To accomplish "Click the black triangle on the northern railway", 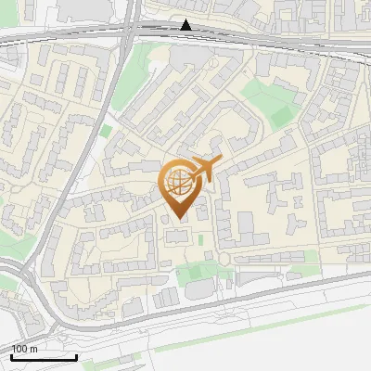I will coord(186,25).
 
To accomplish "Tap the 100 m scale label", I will coord(25,349).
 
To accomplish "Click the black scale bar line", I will coord(44,357).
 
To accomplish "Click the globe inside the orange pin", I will coord(177,182).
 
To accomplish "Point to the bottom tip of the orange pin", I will coord(178,220).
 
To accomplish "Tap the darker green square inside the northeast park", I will coord(279,116).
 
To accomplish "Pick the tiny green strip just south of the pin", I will coord(199,241).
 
